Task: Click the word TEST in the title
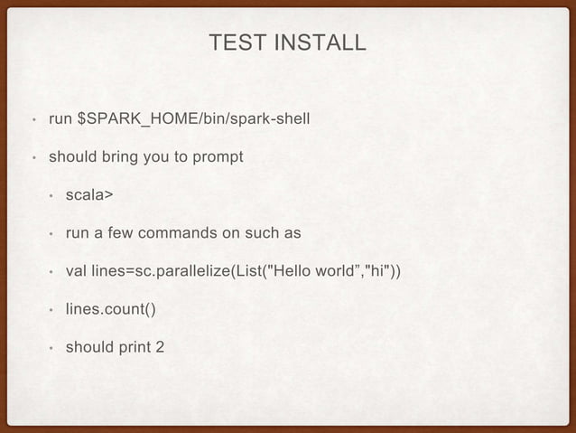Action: pyautogui.click(x=232, y=42)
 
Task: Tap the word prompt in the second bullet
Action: pyautogui.click(x=217, y=156)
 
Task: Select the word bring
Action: pyautogui.click(x=123, y=156)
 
